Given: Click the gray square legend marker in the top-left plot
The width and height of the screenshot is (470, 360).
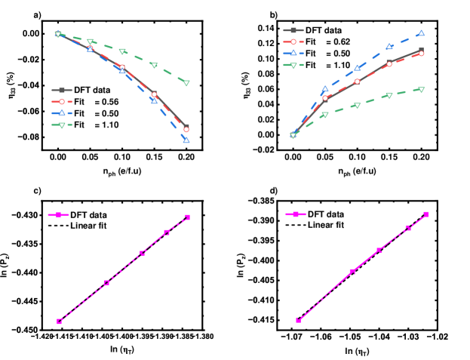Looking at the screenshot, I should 62,90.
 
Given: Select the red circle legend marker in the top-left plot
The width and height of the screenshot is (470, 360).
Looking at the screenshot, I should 62,101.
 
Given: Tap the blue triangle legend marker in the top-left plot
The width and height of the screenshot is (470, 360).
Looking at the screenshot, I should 62,113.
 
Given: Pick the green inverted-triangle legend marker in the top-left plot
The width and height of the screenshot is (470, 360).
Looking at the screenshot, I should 62,125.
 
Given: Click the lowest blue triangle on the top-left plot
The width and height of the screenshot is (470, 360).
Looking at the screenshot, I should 186,140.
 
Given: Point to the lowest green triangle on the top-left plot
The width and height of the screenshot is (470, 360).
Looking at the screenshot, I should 186,82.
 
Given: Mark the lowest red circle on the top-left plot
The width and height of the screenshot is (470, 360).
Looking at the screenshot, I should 186,129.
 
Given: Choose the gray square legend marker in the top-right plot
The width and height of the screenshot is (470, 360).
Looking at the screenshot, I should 293,30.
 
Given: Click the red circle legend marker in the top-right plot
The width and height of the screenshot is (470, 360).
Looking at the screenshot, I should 293,42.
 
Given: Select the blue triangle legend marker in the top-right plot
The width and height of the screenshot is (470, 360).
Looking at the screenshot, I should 293,54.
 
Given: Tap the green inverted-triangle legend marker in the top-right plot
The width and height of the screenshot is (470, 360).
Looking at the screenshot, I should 293,65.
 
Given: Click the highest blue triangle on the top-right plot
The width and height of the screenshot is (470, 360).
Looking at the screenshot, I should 421,33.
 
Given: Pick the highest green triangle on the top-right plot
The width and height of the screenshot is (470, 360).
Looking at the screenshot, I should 421,89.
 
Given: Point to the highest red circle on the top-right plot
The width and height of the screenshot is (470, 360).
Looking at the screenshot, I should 421,54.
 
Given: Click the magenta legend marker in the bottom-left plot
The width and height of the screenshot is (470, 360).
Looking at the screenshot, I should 58,214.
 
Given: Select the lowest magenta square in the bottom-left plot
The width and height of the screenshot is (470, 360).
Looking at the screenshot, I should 59,322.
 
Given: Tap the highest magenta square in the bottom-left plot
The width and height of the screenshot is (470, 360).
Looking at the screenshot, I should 188,217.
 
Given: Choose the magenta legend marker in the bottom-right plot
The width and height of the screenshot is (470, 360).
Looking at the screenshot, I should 296,214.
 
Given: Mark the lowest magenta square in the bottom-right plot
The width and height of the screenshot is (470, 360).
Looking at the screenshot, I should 298,321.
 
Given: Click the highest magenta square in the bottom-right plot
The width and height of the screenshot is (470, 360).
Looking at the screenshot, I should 426,214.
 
